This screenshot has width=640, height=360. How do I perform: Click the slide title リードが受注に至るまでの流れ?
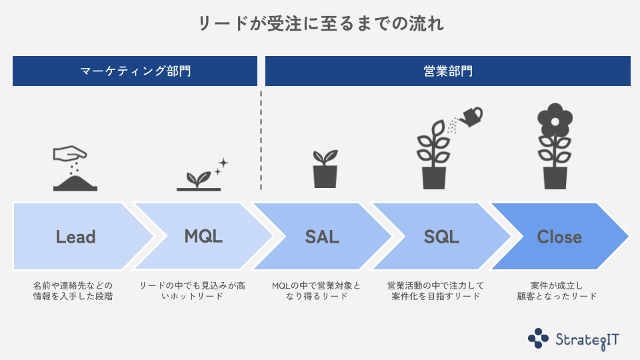click(x=321, y=24)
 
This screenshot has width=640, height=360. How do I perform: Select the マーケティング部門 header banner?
click(x=135, y=71)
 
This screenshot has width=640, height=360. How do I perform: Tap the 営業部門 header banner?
click(x=448, y=71)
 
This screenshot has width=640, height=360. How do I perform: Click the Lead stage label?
click(x=75, y=237)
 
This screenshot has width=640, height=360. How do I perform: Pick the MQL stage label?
click(x=203, y=236)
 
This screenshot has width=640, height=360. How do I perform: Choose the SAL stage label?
click(x=322, y=237)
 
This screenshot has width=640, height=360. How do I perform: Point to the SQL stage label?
click(x=441, y=237)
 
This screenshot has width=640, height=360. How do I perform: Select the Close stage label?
click(x=559, y=237)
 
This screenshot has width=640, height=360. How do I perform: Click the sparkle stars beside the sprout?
click(x=221, y=166)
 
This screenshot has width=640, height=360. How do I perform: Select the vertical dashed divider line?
click(x=261, y=140)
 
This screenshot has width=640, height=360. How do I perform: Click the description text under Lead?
click(x=73, y=291)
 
